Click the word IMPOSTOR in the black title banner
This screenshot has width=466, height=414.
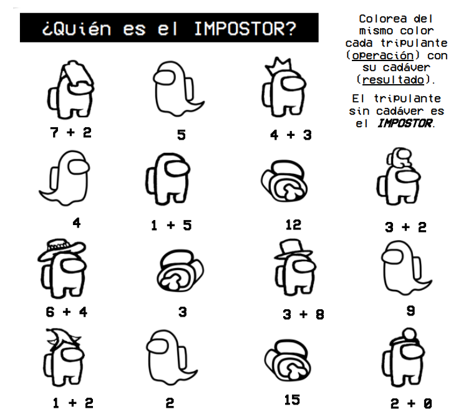click(x=245, y=29)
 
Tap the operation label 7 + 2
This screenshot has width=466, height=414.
click(x=71, y=132)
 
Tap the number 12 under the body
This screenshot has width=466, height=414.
click(x=293, y=224)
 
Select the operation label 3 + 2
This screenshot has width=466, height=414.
click(x=405, y=227)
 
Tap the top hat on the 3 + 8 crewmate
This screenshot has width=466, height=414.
click(x=292, y=247)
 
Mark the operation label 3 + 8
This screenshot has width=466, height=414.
click(x=303, y=314)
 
